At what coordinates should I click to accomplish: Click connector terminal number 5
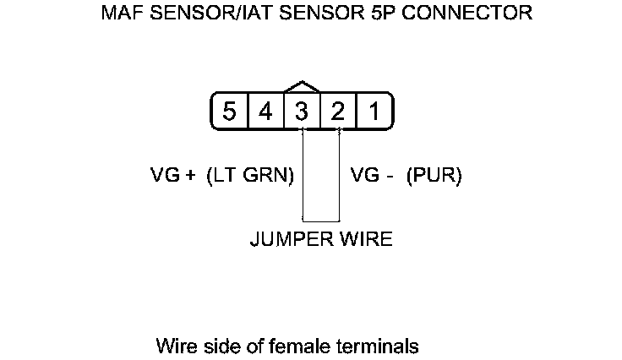tap(229, 112)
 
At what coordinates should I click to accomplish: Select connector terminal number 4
tap(265, 112)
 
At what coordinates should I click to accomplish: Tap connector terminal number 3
tap(302, 112)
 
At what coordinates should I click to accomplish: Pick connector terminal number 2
tap(338, 112)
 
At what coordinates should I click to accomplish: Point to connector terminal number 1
tap(374, 112)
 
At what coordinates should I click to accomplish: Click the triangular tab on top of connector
tap(303, 87)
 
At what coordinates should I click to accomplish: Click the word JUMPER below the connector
tap(287, 239)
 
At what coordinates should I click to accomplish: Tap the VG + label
tap(173, 176)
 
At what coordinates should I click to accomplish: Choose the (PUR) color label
tap(434, 176)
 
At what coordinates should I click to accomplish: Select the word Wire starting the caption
tap(174, 346)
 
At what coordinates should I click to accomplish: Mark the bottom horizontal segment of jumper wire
tap(320, 221)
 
